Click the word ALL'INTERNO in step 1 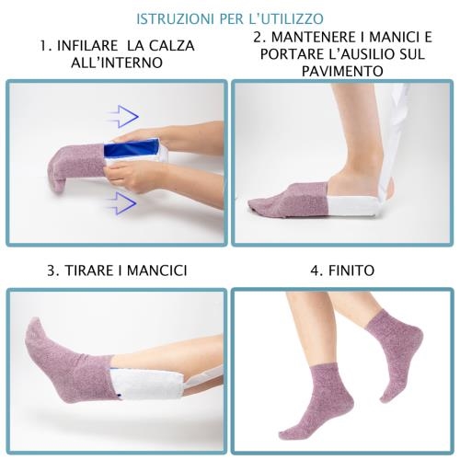pyautogui.click(x=117, y=63)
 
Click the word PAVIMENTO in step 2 pyautogui.click(x=342, y=71)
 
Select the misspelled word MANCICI pyautogui.click(x=156, y=270)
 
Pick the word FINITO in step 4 pyautogui.click(x=351, y=270)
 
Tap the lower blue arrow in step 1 pyautogui.click(x=121, y=203)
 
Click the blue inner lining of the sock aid pyautogui.click(x=132, y=148)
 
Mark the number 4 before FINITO pyautogui.click(x=316, y=270)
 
